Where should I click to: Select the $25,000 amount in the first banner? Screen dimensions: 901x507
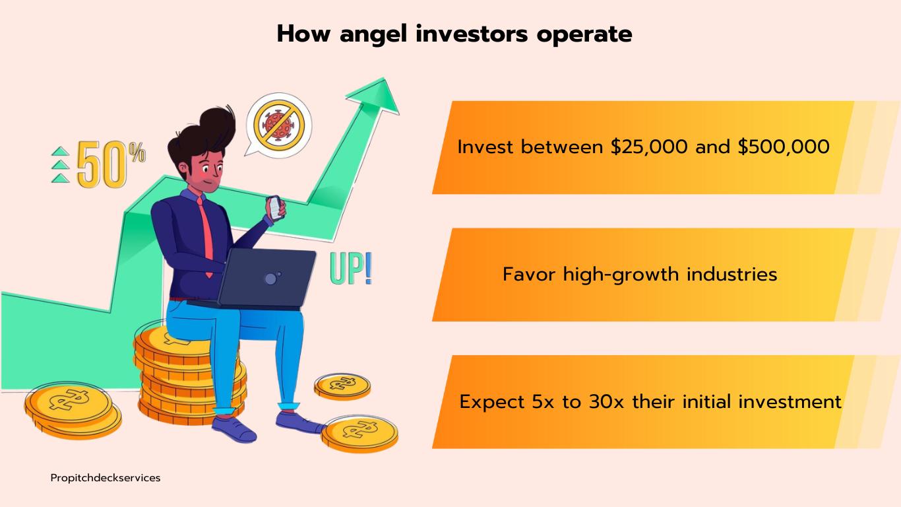coord(649,147)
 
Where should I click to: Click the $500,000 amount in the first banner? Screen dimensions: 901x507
coord(784,147)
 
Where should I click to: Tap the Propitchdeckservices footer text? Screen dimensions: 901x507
coord(106,478)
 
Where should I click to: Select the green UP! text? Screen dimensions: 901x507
coord(351,269)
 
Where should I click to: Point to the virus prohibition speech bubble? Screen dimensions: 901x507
coord(278,125)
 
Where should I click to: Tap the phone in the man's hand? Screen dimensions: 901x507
coord(275,208)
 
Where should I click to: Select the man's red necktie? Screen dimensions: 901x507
coord(206,237)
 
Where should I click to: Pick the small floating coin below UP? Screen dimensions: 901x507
coord(342,387)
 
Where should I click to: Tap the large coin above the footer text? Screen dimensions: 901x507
coord(73,410)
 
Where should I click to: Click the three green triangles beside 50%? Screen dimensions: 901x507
coord(60,164)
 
